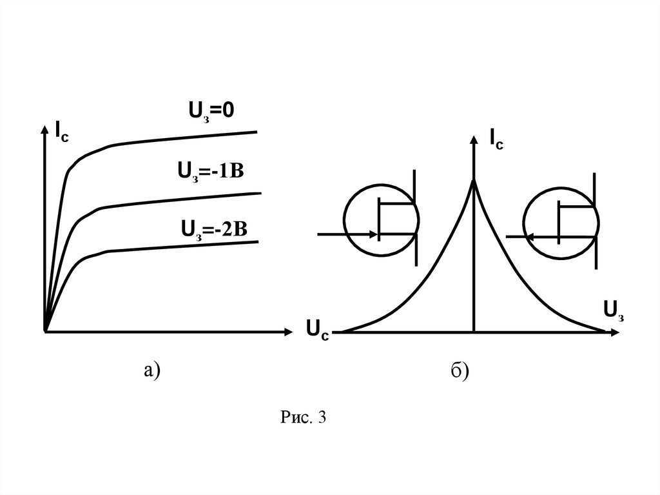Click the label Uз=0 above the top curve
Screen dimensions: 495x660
pyautogui.click(x=210, y=111)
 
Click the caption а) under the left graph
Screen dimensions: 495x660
pyautogui.click(x=152, y=370)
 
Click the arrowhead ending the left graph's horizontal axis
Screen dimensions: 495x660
pyautogui.click(x=287, y=332)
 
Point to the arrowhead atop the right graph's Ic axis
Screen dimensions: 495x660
pyautogui.click(x=474, y=137)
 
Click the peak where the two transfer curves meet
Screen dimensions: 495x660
pyautogui.click(x=474, y=182)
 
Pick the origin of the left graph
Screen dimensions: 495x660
pyautogui.click(x=44, y=332)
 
